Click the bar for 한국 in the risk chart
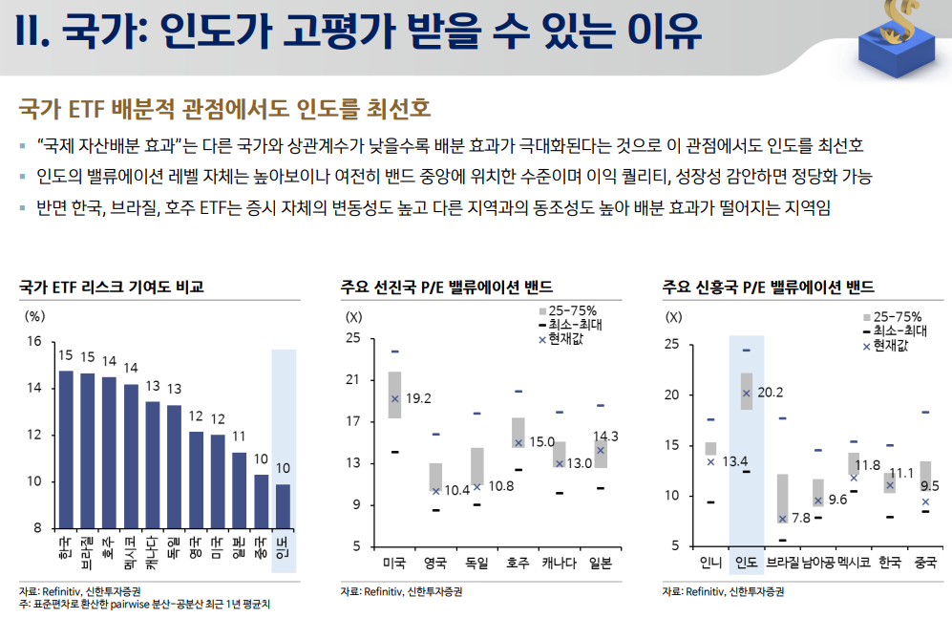(x=66, y=450)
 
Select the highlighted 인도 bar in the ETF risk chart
(x=283, y=507)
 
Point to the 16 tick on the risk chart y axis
(x=34, y=341)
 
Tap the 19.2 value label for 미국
(x=418, y=399)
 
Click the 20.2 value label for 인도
(x=771, y=393)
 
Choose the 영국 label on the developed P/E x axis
(x=435, y=564)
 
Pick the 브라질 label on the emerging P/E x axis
(x=782, y=563)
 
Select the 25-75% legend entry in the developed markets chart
(x=568, y=310)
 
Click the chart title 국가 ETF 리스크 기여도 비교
(x=112, y=287)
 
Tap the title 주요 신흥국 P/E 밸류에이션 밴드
(x=768, y=287)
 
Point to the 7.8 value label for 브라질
(x=801, y=519)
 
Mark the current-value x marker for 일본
(x=601, y=451)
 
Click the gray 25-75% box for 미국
(x=394, y=394)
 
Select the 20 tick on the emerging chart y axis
(x=671, y=394)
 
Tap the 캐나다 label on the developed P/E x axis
(x=560, y=564)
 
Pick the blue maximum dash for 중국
(x=925, y=413)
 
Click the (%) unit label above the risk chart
(x=34, y=316)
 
